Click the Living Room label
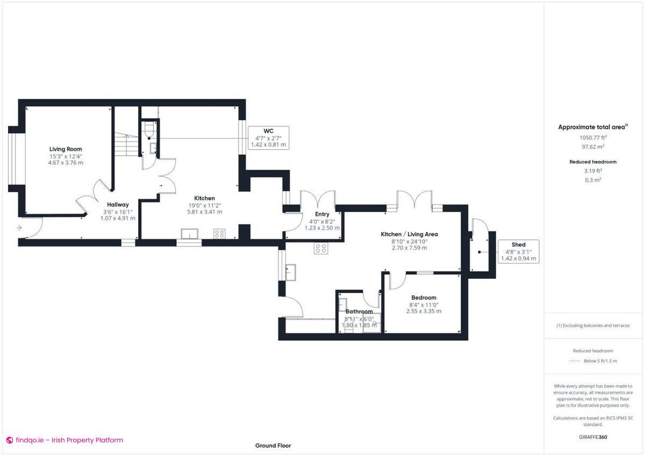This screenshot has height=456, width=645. [66, 149]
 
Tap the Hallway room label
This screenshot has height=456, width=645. [118, 205]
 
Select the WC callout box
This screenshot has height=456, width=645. [269, 137]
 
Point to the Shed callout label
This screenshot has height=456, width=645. [518, 251]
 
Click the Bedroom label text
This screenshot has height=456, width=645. [424, 298]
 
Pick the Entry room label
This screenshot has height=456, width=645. [322, 214]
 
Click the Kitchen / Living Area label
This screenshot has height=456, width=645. [409, 234]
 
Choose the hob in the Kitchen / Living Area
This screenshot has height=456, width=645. [321, 248]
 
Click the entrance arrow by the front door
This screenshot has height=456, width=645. [19, 228]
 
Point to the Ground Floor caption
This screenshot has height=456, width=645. [274, 445]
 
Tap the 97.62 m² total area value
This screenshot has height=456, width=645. [593, 146]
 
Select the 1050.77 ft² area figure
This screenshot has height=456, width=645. [593, 137]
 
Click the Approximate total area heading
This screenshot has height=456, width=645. [591, 127]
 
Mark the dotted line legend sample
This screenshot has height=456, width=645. [575, 361]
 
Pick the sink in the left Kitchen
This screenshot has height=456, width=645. [190, 233]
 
